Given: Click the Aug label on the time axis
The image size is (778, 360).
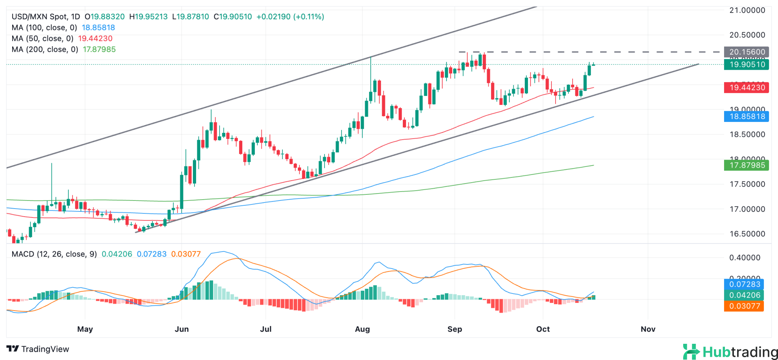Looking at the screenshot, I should click(362, 329).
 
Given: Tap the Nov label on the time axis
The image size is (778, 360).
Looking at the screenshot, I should click(648, 329).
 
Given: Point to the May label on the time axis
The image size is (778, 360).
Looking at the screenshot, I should click(85, 329).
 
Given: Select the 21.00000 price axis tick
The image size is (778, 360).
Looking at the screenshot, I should click(747, 11).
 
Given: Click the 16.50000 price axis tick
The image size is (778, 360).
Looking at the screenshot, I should click(747, 234).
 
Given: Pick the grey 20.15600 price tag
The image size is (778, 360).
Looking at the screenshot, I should click(747, 52).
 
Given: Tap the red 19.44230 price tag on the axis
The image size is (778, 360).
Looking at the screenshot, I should click(747, 87).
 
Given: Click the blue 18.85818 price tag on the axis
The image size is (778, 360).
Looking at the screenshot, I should click(747, 117).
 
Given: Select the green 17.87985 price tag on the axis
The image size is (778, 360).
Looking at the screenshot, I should click(747, 165).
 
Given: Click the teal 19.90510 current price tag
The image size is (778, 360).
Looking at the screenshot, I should click(747, 64).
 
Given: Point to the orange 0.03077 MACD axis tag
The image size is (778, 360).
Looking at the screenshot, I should click(744, 306).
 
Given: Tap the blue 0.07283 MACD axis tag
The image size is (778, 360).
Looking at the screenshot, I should click(744, 284).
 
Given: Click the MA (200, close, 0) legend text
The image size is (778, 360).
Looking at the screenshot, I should click(45, 49).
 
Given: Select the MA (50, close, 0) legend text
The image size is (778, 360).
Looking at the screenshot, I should click(43, 38).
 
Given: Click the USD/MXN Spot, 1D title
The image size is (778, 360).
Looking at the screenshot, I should click(46, 17).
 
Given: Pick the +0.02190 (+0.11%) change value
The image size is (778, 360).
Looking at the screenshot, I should click(290, 17).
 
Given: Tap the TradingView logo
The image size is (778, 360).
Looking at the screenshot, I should click(38, 349).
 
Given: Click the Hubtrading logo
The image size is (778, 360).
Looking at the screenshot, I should click(730, 351).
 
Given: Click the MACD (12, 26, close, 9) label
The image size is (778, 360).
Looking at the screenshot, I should click(54, 254).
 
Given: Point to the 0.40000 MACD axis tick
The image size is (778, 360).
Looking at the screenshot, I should click(745, 258).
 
